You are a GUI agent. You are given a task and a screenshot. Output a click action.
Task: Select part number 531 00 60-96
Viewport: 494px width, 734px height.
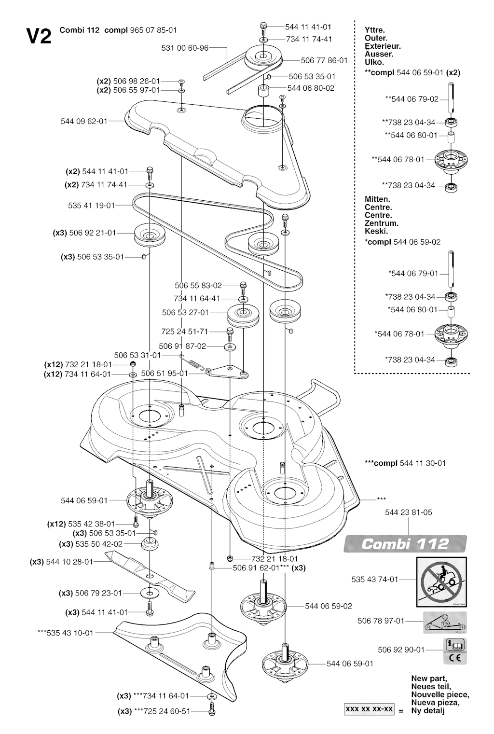[x=185, y=48]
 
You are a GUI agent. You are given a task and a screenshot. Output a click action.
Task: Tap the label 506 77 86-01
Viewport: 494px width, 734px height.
[x=324, y=60]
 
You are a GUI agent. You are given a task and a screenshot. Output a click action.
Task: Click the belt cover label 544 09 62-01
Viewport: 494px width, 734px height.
[x=84, y=121]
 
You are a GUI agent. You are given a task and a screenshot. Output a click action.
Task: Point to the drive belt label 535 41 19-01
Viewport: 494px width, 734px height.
[x=91, y=206]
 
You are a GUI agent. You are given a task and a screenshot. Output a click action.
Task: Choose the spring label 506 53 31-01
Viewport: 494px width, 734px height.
[x=137, y=355]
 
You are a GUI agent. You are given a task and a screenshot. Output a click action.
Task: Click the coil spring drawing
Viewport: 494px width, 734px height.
[x=192, y=363]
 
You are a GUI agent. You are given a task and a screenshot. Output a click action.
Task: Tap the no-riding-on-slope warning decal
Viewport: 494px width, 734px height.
[x=441, y=582]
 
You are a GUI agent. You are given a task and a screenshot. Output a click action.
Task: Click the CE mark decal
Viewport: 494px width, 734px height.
[x=455, y=657]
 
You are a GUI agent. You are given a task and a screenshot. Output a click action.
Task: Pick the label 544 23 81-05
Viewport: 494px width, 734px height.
[x=409, y=512]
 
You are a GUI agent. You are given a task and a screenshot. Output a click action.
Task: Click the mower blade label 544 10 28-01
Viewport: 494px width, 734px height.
[x=62, y=562]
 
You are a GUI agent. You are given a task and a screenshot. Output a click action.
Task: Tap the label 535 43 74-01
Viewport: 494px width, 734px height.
[x=375, y=580]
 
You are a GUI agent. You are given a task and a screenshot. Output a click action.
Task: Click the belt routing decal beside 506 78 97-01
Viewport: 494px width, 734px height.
[x=445, y=623]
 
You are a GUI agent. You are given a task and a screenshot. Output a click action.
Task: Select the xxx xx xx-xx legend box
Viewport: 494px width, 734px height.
[x=369, y=709]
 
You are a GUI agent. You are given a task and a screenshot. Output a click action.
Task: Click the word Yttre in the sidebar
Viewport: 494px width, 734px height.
[x=375, y=30]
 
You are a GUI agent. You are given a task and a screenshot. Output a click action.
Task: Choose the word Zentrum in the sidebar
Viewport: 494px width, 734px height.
[x=382, y=223]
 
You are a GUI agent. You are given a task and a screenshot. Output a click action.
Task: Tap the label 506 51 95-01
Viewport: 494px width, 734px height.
[x=165, y=374]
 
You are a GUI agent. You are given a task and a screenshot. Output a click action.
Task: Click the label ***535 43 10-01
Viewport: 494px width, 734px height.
[x=66, y=633]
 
